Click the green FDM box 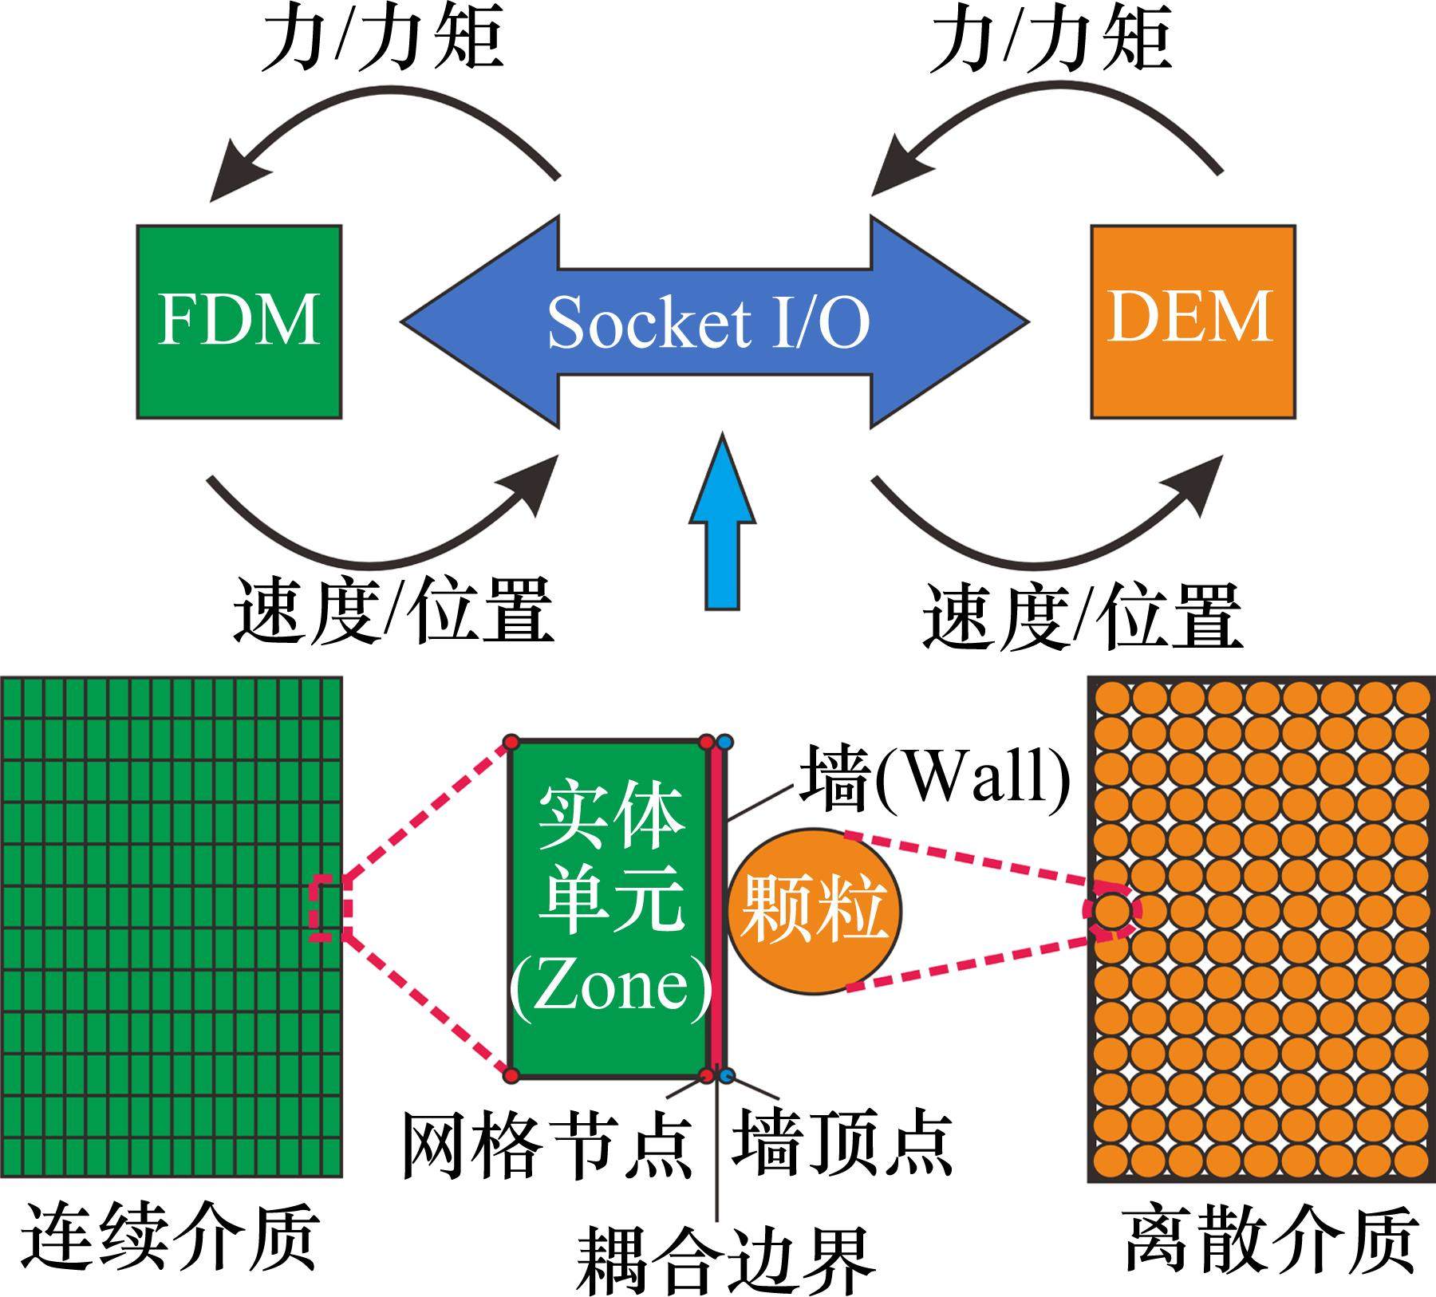click(x=239, y=321)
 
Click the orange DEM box click(x=1192, y=321)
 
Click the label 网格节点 click(x=546, y=1145)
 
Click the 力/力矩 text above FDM click(x=383, y=40)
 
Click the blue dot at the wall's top click(x=724, y=743)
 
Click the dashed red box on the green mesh click(x=325, y=909)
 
